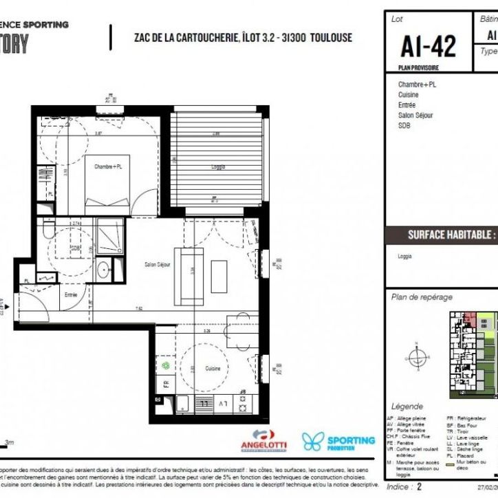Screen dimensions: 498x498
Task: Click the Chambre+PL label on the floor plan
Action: point(108,166)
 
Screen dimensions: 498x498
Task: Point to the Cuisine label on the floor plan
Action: point(213,369)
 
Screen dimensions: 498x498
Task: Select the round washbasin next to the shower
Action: point(103,268)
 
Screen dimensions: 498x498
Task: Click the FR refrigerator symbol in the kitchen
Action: point(166,384)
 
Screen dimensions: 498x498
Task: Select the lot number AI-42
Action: point(427,46)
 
